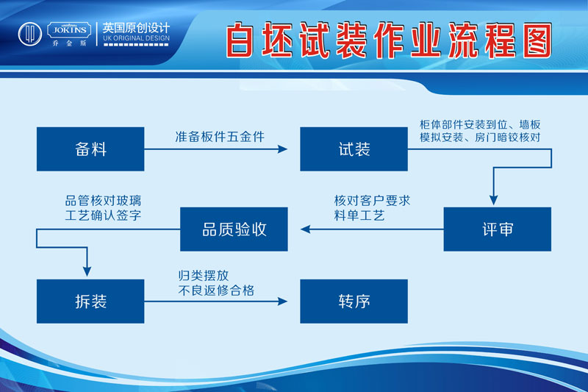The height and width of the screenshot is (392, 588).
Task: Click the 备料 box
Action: point(90,149)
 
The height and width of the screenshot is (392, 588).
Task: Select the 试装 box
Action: point(354,149)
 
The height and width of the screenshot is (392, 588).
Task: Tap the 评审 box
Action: point(498,229)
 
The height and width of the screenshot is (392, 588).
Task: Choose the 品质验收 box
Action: point(234,229)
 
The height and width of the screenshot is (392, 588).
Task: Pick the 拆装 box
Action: point(90,302)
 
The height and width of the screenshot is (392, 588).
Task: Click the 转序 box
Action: point(354,302)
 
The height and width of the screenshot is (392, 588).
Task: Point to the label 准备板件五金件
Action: point(220,137)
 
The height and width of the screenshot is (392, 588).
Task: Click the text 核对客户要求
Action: point(372,201)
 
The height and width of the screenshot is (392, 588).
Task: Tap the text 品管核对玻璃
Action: point(103,201)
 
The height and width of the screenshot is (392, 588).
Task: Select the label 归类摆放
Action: point(204,276)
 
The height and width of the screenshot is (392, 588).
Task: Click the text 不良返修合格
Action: point(216,291)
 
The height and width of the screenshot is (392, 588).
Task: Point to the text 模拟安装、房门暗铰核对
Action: point(480,138)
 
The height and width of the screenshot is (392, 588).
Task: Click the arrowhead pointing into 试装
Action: point(282,149)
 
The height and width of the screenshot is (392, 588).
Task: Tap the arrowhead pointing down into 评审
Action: point(493,200)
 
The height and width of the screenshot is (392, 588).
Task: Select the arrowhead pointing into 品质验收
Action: point(305,229)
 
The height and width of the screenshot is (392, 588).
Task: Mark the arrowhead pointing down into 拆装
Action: point(87,271)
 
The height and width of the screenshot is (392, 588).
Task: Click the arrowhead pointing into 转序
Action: point(282,302)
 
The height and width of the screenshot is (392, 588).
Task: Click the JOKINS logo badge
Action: point(69,30)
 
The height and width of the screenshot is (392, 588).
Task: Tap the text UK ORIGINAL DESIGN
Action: point(136,38)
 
